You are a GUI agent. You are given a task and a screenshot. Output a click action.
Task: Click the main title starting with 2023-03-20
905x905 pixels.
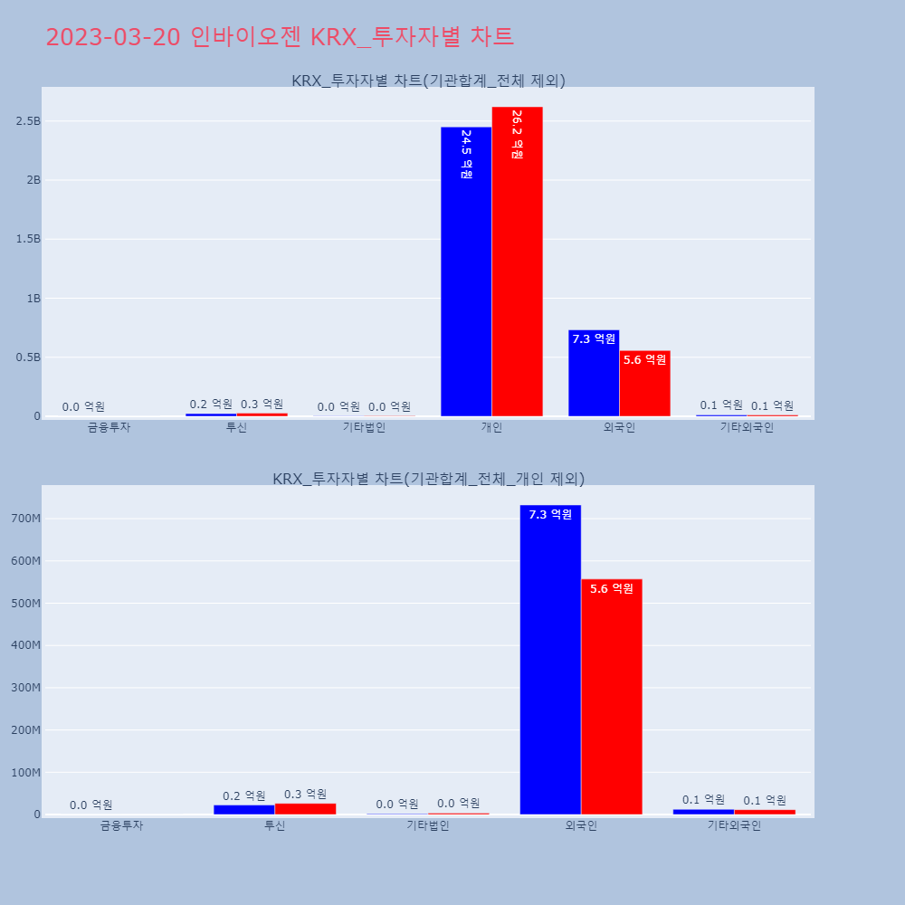280,37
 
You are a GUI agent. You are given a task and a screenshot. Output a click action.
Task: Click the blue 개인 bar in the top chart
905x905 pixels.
466,271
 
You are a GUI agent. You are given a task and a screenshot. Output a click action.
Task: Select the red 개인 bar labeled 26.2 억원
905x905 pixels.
518,262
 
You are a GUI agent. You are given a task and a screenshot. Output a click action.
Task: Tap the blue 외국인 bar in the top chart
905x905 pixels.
594,373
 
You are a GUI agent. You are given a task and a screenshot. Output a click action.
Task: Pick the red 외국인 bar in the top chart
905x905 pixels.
644,384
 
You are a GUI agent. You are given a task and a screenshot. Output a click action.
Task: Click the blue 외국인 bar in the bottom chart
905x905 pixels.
550,661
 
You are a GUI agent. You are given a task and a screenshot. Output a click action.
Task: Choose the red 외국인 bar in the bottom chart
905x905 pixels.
612,697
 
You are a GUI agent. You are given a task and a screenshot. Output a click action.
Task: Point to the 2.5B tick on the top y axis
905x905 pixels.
28,121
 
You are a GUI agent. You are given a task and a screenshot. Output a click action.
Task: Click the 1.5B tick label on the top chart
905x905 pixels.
28,239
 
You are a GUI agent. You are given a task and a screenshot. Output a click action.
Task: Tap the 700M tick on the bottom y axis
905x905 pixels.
24,519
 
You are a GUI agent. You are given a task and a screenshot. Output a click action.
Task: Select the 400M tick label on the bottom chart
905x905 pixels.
24,645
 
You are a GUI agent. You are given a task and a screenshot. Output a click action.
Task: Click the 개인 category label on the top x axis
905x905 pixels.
491,427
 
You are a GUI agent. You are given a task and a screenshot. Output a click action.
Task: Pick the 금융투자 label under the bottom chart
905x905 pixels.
121,825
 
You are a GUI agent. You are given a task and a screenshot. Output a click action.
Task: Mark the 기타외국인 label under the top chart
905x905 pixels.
747,427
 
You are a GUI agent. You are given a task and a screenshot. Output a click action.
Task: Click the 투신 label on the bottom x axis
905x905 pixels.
274,825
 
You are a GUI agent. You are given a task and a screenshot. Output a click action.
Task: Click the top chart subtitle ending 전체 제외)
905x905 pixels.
428,81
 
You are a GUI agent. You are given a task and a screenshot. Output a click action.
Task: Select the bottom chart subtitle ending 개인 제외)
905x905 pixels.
428,479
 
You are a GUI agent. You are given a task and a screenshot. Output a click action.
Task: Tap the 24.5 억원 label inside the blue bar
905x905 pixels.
466,154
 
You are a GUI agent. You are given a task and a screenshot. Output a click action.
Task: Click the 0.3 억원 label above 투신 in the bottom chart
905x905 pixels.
305,795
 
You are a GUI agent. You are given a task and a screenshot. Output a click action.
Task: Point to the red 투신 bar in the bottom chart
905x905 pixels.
305,808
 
